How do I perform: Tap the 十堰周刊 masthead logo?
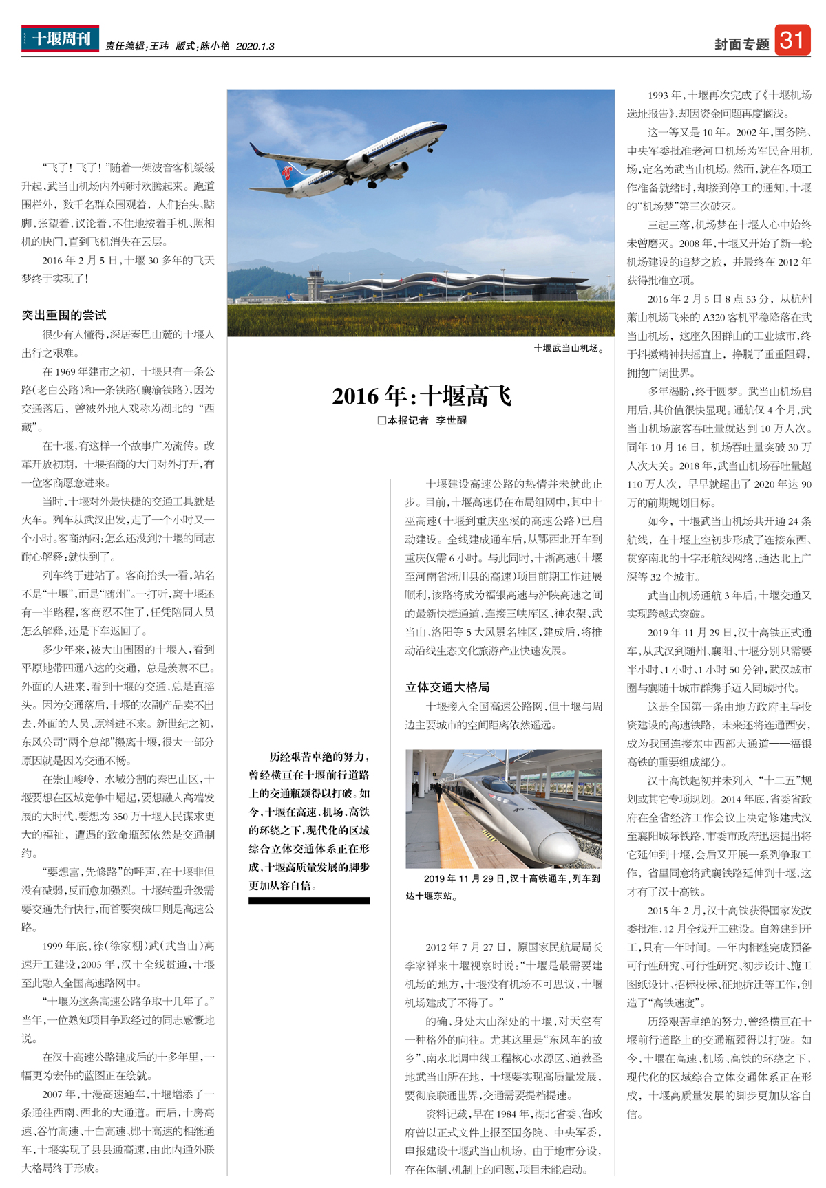point(60,39)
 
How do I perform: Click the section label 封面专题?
point(741,45)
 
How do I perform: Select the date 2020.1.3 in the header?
point(255,46)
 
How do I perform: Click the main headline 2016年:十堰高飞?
point(421,396)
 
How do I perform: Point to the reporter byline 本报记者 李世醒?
point(427,420)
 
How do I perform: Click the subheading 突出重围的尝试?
point(63,315)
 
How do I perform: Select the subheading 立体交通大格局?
point(447,687)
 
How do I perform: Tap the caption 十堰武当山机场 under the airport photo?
point(568,348)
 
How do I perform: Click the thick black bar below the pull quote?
point(309,900)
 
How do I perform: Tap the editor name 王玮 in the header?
point(159,46)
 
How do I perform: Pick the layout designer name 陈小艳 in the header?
point(215,46)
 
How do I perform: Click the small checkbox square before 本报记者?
point(381,420)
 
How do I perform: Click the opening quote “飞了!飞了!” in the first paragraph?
point(72,167)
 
